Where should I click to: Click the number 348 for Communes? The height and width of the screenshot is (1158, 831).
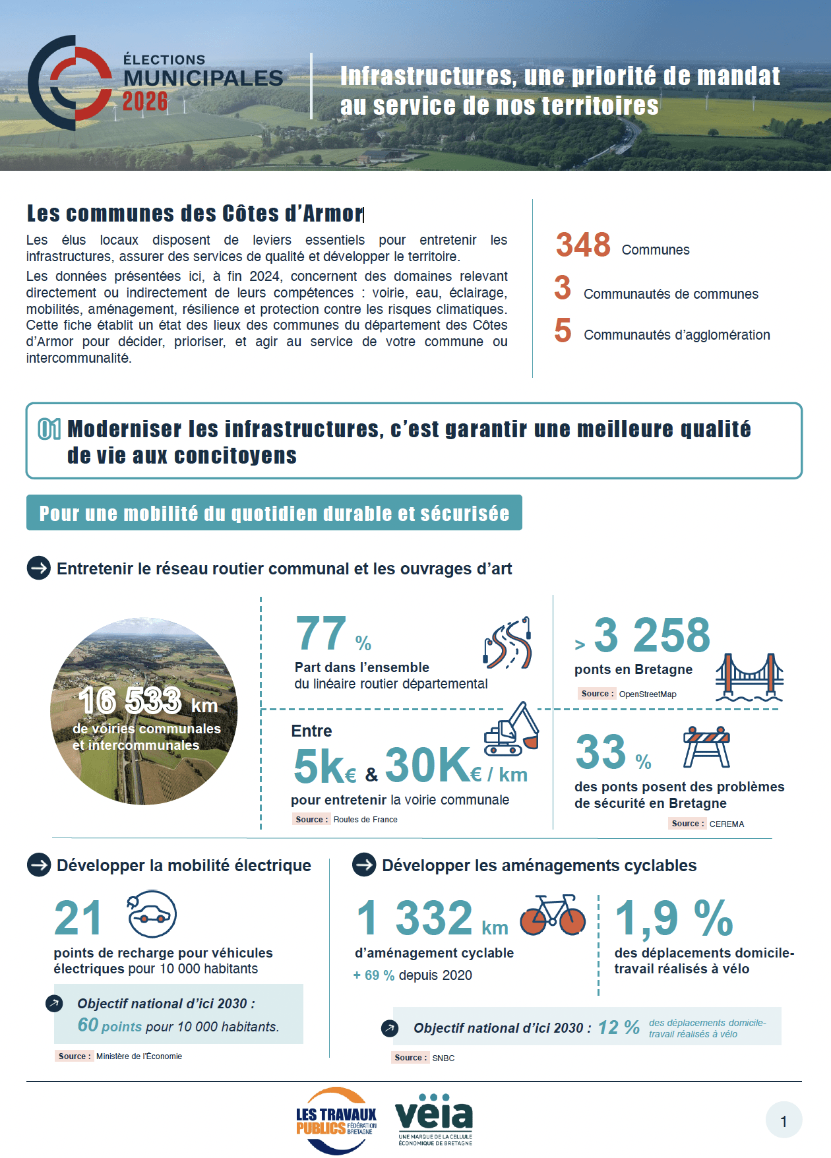coord(583,245)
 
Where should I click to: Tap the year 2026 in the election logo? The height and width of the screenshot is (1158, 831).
coord(145,102)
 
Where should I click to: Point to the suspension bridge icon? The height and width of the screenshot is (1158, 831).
coord(749,677)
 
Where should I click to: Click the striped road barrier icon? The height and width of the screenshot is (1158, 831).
coord(706,747)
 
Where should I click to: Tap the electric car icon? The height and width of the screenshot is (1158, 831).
coord(152,914)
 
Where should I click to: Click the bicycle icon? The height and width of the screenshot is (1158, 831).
coord(553,915)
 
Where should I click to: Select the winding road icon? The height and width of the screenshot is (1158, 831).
coord(508,643)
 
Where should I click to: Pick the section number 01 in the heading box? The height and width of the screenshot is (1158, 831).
coord(49,429)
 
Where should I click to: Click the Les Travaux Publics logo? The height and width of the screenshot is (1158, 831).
coord(336,1120)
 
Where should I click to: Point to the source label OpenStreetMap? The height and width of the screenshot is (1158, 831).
coord(647,694)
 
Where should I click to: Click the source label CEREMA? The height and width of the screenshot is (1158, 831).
coord(726,824)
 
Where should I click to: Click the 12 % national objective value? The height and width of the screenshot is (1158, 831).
coord(618,1027)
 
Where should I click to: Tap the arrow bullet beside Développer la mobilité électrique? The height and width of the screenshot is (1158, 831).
coord(39,865)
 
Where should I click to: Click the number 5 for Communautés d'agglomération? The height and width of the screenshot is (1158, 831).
coord(563,330)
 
